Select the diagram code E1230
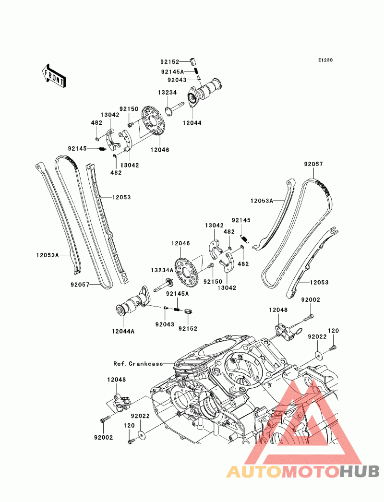(x=325, y=60)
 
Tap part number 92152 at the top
(x=169, y=62)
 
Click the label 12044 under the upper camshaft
(x=192, y=123)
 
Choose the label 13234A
(x=161, y=271)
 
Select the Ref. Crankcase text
(x=138, y=363)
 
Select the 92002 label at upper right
(x=311, y=300)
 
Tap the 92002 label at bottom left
(x=103, y=437)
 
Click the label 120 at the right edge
(x=333, y=331)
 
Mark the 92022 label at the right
(x=317, y=337)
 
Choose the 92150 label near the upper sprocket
(x=129, y=109)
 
